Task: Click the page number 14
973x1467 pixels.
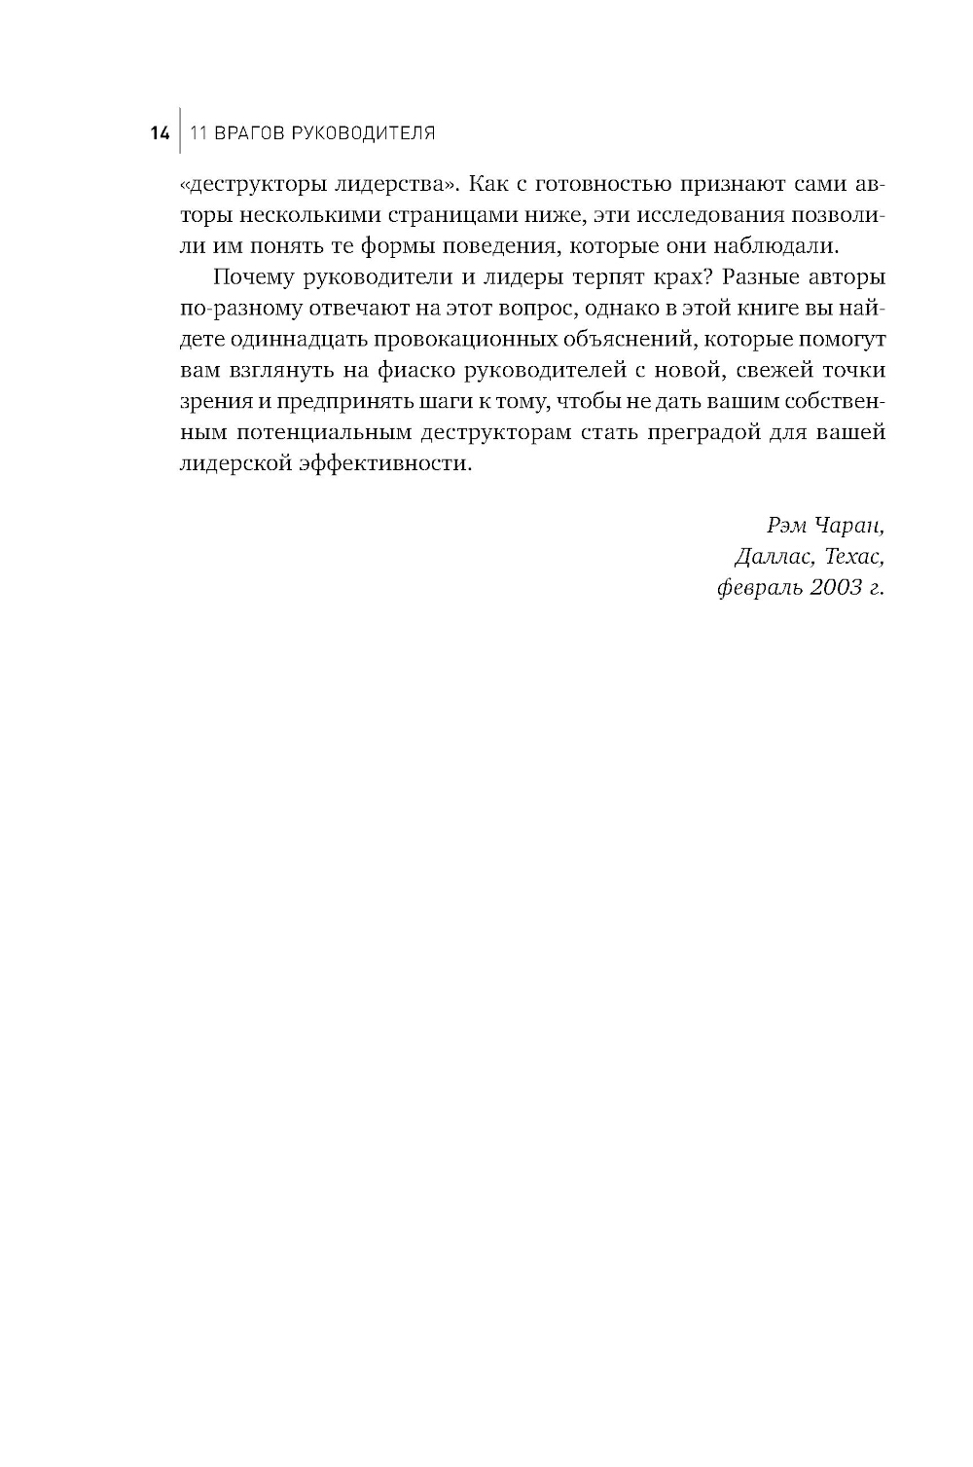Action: [x=160, y=133]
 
